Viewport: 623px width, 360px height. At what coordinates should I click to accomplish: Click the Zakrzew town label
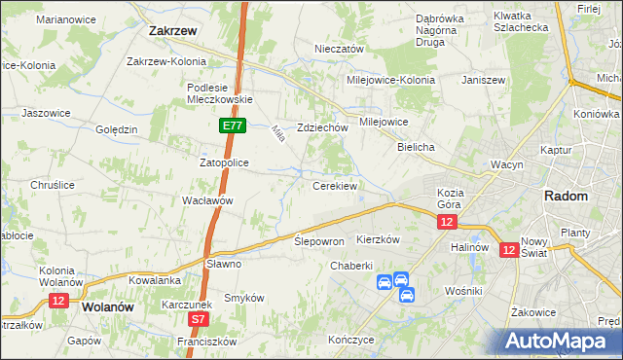click(x=174, y=30)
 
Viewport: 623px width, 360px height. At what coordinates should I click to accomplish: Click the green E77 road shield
click(x=232, y=126)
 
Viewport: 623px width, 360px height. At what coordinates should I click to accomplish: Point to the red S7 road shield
click(x=199, y=318)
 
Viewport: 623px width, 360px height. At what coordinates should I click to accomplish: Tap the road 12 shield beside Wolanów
click(x=57, y=302)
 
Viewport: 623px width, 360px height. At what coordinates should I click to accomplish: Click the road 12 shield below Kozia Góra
click(x=446, y=223)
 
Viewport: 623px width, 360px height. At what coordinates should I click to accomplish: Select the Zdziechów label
click(x=322, y=127)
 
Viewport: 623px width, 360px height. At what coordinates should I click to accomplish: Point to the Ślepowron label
click(x=319, y=240)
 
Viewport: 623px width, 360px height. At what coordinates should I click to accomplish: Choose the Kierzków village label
click(x=380, y=238)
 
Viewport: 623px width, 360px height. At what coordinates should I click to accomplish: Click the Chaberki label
click(x=351, y=266)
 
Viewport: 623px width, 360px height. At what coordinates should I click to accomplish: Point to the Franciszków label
click(x=207, y=342)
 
